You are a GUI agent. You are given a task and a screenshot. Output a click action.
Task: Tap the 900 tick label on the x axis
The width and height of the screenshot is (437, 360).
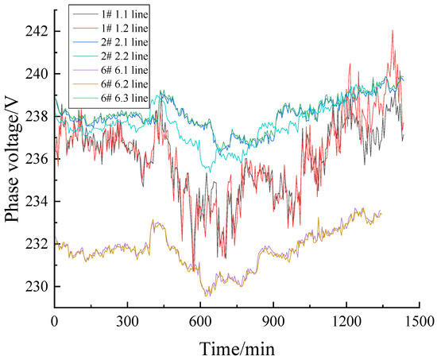click(273, 322)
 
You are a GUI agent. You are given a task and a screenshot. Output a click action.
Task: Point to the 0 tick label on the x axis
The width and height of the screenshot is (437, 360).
click(54, 322)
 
